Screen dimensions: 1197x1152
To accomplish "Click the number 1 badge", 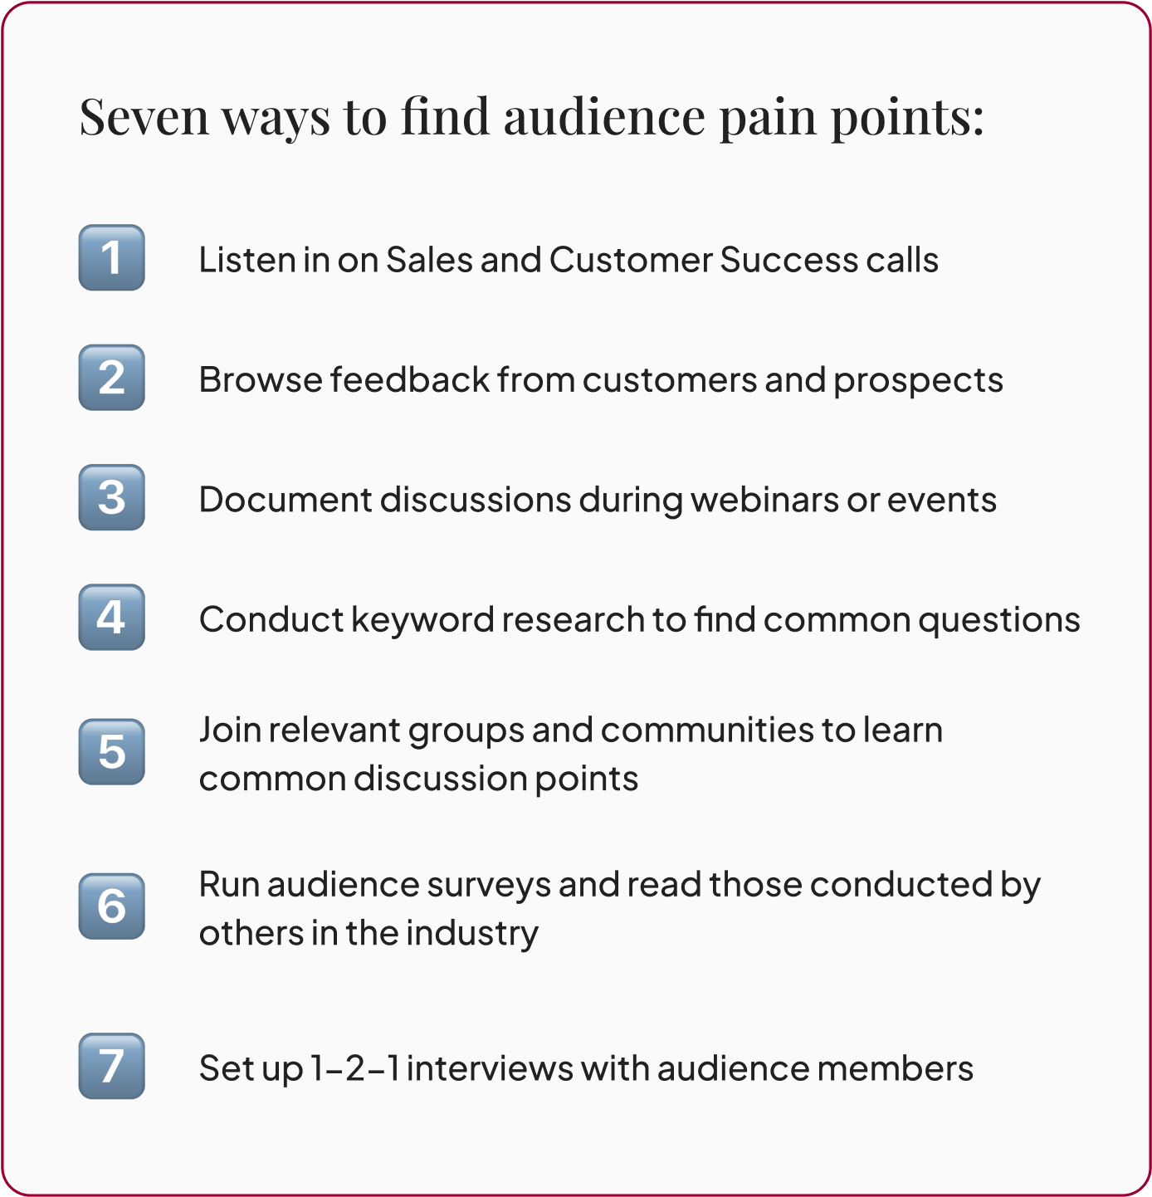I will coord(111,257).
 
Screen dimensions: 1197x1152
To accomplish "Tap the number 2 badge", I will coord(111,378).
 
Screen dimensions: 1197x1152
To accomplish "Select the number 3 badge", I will coord(111,497).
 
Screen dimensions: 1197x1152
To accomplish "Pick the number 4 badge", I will coord(111,618).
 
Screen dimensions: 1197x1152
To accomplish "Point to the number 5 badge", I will coord(111,752).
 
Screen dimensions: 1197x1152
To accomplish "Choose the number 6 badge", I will coord(111,906).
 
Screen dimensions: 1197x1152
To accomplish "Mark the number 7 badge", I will coord(111,1066).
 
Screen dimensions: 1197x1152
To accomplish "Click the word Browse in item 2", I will coord(261,380).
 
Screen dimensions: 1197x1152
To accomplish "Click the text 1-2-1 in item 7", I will coord(354,1068).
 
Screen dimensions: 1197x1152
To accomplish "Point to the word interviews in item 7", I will coord(489,1068).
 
